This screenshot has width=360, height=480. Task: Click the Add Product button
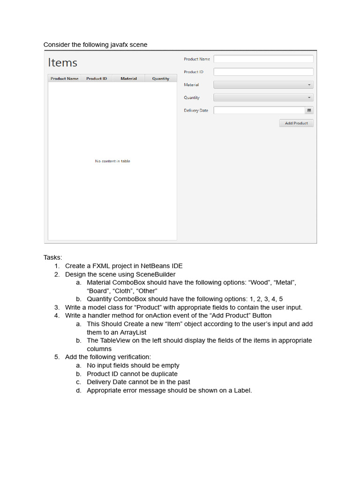296,123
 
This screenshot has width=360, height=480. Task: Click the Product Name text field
263,59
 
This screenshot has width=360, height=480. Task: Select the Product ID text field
263,72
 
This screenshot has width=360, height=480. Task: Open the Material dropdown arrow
309,85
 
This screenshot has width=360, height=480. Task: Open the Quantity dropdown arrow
309,97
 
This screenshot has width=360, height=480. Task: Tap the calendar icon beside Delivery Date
309,111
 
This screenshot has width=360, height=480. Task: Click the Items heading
63,63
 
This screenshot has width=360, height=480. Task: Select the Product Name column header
64,79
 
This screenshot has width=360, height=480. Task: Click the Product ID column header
97,79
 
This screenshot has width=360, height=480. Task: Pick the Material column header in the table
128,79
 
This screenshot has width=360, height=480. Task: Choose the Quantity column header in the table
161,79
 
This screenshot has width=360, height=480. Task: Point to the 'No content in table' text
112,161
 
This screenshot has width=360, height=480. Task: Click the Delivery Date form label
196,111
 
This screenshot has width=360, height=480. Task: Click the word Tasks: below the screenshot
52,257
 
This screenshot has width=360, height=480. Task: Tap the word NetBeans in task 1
143,266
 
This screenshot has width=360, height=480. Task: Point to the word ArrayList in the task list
132,332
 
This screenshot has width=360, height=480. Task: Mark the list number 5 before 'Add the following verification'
56,357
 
